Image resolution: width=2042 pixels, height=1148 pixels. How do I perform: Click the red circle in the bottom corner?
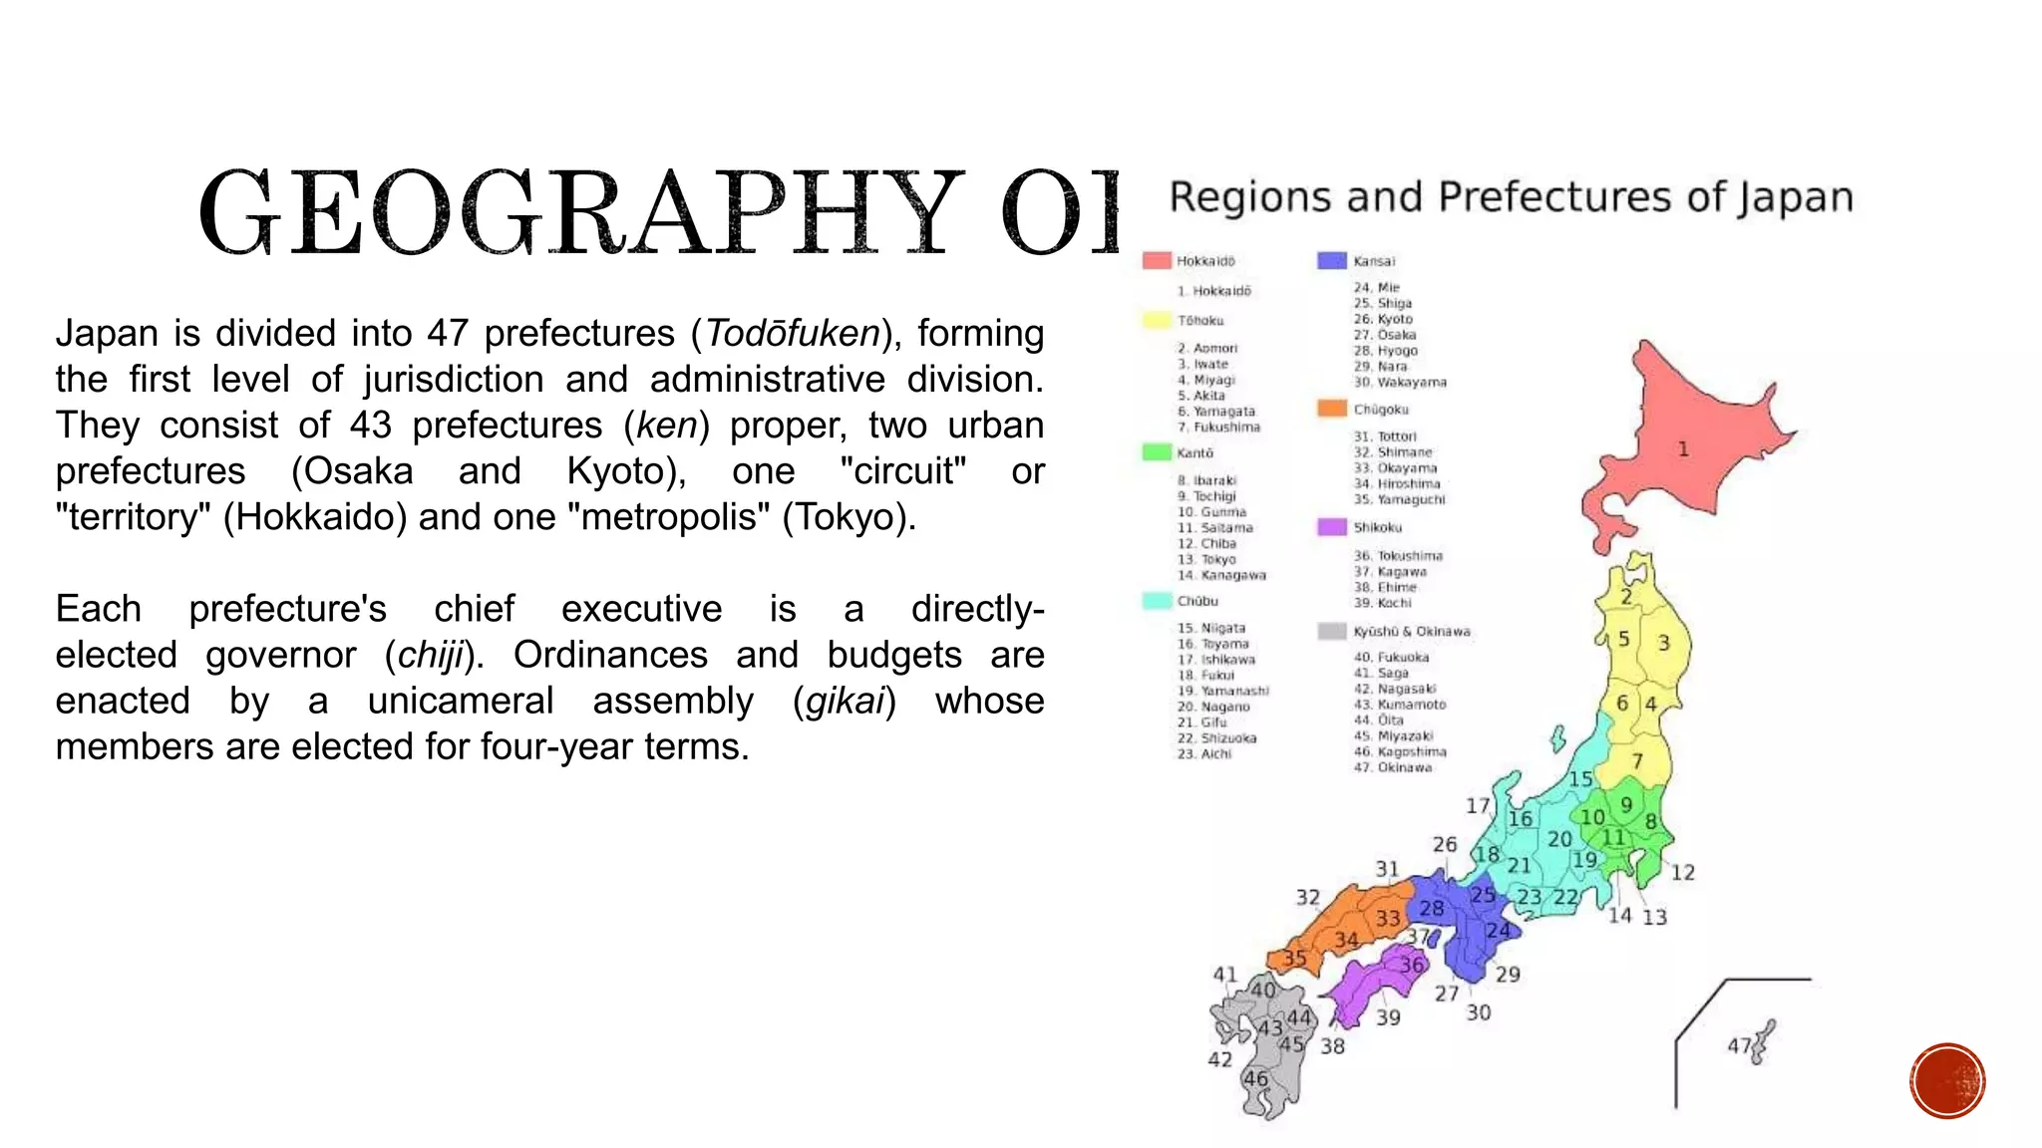tap(1947, 1080)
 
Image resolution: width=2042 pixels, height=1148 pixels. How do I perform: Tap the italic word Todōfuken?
tap(793, 334)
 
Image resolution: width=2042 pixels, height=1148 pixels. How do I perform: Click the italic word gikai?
tap(845, 702)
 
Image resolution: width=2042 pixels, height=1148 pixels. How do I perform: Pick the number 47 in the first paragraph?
tap(448, 334)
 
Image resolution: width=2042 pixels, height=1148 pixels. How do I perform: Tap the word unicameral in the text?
tap(460, 702)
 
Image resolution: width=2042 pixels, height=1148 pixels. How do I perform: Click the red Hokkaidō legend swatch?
tap(1157, 261)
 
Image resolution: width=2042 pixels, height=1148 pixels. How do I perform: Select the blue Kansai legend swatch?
tap(1332, 261)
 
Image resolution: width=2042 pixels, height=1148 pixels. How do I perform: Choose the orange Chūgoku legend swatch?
tap(1332, 409)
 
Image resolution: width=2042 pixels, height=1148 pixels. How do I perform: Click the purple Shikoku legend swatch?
tap(1332, 527)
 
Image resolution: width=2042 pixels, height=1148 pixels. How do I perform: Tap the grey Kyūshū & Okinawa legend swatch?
tap(1332, 631)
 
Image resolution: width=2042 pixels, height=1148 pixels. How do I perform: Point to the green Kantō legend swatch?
tap(1157, 452)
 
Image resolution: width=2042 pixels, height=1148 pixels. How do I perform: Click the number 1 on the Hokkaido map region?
tap(1683, 449)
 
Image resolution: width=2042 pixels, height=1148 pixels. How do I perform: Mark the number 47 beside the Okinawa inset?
tap(1739, 1045)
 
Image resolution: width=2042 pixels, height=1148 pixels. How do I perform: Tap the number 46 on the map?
tap(1255, 1078)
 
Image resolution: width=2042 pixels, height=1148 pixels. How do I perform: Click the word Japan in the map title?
tap(1796, 197)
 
